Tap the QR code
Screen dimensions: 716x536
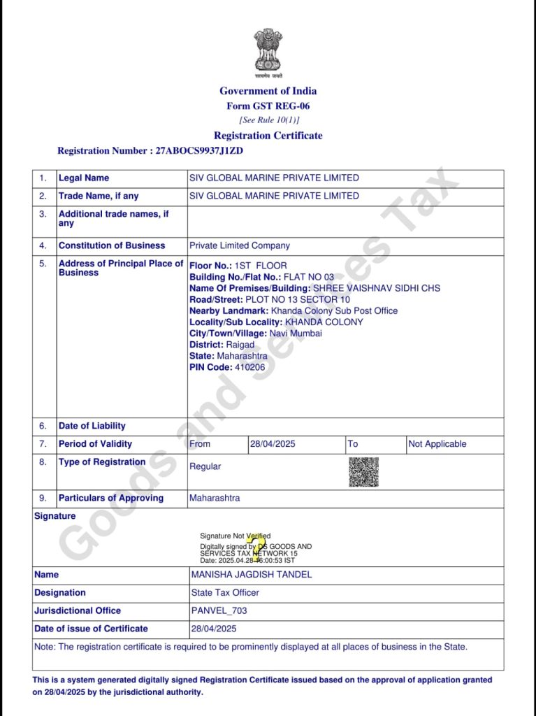(x=363, y=472)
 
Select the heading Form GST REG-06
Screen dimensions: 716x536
(x=268, y=106)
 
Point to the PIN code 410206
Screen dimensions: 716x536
(x=250, y=367)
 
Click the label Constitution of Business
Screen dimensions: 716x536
(x=112, y=245)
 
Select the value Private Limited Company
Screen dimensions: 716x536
(x=240, y=245)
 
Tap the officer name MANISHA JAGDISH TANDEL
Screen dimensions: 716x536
(x=252, y=575)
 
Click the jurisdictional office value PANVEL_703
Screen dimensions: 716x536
(x=219, y=610)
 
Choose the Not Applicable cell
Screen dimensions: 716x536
(x=437, y=444)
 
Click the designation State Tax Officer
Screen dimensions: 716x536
(x=225, y=592)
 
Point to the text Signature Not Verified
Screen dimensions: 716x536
(x=235, y=536)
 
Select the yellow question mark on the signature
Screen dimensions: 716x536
(x=257, y=549)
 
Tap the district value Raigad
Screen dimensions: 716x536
(x=240, y=345)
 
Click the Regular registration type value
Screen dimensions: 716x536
(x=205, y=466)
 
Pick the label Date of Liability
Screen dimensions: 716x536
(x=92, y=426)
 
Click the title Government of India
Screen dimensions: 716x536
(x=268, y=91)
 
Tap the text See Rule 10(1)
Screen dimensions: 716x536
(x=269, y=120)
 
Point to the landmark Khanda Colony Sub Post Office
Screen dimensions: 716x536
(x=334, y=310)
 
